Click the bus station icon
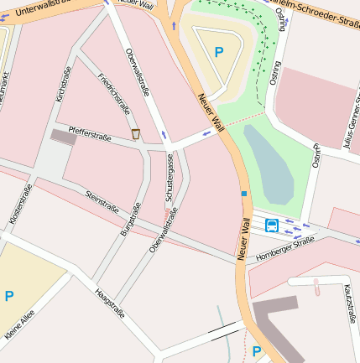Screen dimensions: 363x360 click(272, 225)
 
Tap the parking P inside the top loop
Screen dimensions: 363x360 click(219, 52)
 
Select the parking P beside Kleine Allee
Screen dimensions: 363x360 click(9, 296)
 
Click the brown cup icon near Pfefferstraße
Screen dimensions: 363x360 click(135, 133)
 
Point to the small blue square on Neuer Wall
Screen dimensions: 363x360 click(244, 194)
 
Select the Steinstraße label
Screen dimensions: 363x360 click(102, 202)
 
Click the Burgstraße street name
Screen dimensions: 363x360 click(127, 216)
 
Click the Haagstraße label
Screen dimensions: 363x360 click(110, 302)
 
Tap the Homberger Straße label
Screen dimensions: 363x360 click(284, 247)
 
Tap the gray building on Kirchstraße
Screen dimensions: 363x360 click(63, 136)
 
